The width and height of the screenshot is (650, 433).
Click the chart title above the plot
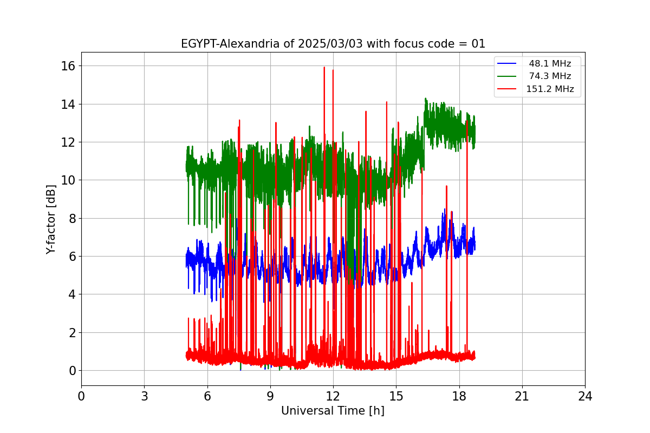click(x=333, y=44)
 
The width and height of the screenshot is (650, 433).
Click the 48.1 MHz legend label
click(x=550, y=63)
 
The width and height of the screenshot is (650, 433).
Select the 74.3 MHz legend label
click(x=550, y=76)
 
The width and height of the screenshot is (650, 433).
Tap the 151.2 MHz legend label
click(x=550, y=89)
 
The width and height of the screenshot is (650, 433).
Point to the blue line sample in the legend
click(x=506, y=63)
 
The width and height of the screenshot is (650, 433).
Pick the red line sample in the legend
click(x=506, y=89)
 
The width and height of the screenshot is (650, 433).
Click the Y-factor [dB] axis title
click(x=51, y=220)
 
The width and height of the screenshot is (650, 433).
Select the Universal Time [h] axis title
click(x=333, y=411)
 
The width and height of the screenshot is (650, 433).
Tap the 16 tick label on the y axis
click(x=68, y=66)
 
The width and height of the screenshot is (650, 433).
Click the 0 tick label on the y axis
click(x=72, y=371)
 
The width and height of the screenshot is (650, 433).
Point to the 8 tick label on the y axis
click(x=72, y=218)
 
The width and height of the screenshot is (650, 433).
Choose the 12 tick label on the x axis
click(x=333, y=396)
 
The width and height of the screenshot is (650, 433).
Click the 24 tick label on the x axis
click(x=585, y=396)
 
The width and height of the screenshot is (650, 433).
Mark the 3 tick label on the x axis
click(x=145, y=396)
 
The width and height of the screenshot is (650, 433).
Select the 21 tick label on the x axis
click(x=522, y=396)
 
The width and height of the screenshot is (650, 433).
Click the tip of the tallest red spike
click(x=324, y=67)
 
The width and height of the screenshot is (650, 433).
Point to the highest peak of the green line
click(x=425, y=98)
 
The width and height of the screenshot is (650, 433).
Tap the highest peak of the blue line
click(x=445, y=209)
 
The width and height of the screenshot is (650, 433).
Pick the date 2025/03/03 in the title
click(x=330, y=44)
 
